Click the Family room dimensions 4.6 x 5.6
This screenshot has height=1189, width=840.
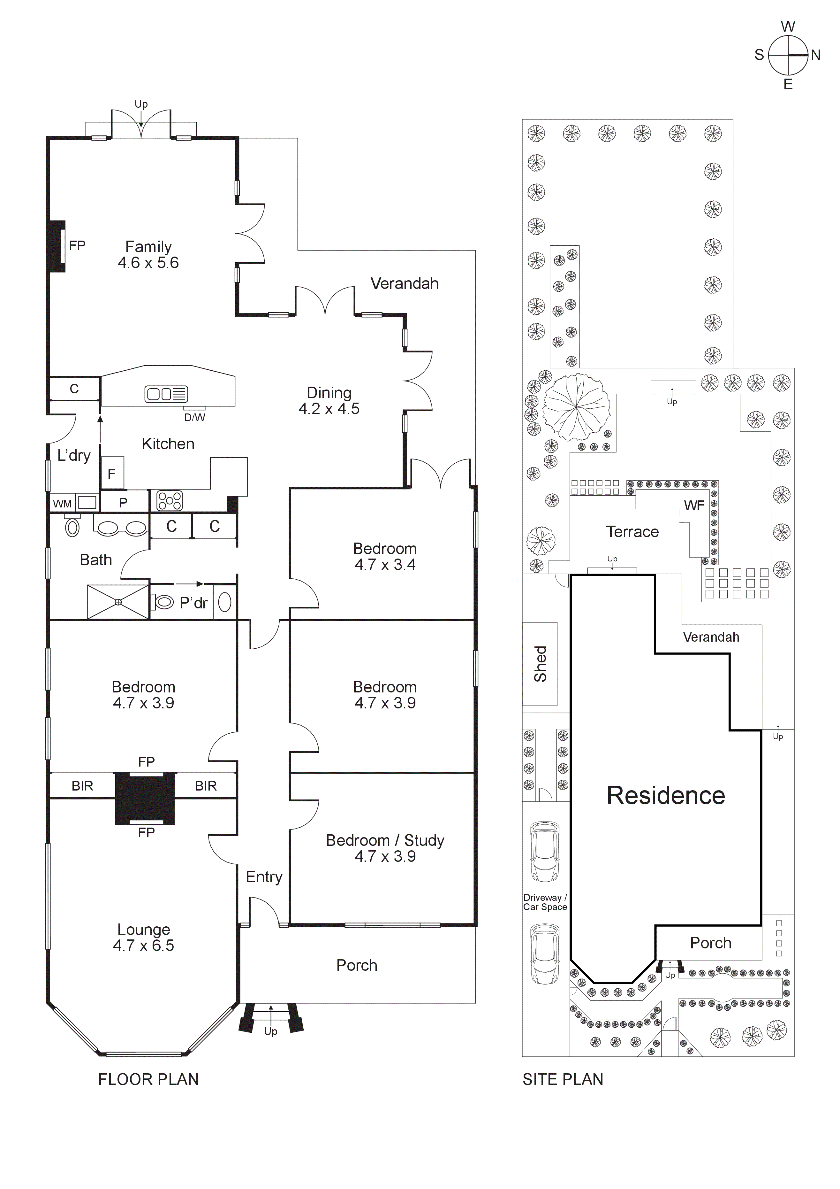pos(148,263)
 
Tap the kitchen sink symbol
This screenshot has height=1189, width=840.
pos(166,394)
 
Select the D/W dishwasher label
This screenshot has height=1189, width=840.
pos(195,417)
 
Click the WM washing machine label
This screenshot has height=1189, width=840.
pos(62,503)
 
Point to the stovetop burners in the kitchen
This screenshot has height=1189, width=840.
pos(169,501)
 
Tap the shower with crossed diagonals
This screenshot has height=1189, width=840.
pos(118,602)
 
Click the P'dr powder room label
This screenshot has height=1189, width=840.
pos(193,603)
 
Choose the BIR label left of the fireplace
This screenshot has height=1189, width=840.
pos(82,786)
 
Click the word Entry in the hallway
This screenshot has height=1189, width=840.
pos(264,877)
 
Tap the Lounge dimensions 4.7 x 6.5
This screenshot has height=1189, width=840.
pos(143,945)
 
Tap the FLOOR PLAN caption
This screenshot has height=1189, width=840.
pos(148,1079)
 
